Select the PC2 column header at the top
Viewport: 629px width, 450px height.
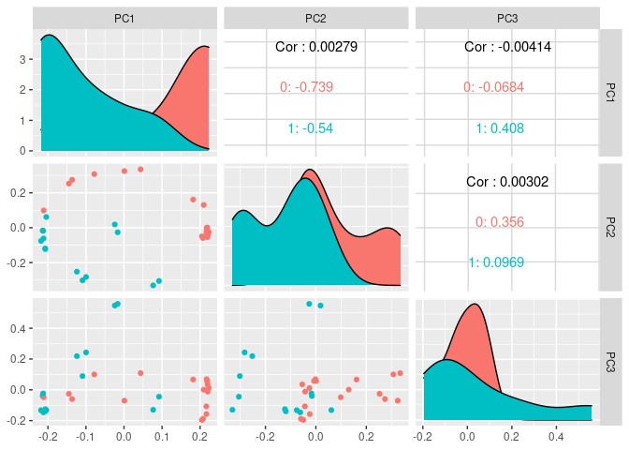(316, 18)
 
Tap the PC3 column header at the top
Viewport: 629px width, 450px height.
(505, 18)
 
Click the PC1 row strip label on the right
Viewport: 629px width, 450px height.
(611, 92)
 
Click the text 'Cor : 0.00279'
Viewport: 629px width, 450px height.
(316, 46)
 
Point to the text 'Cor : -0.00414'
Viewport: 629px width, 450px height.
(506, 46)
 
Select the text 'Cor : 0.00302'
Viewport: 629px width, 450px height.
(506, 180)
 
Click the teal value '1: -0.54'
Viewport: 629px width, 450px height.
(311, 128)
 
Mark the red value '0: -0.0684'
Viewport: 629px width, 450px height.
(493, 87)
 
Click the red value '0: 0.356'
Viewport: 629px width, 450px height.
(500, 222)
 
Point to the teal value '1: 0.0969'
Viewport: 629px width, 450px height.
(497, 262)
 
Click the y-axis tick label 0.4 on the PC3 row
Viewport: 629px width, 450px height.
(18, 328)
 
